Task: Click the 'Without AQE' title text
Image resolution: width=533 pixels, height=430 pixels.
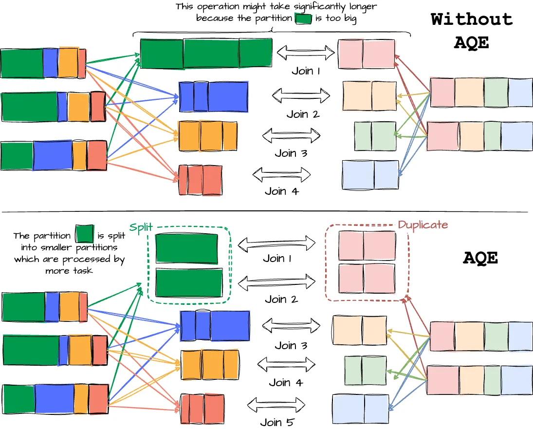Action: click(472, 31)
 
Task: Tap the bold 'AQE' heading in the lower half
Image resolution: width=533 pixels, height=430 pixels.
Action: click(480, 258)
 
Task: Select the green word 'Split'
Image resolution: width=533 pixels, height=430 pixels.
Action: click(141, 228)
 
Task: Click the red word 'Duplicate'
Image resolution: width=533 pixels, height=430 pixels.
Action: click(423, 225)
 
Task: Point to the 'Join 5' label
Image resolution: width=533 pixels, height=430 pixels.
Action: click(276, 422)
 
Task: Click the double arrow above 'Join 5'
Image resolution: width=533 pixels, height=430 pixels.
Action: click(276, 404)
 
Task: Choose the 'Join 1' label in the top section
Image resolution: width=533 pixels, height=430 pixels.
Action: click(306, 71)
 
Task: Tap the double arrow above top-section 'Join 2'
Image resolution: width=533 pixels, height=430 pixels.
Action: click(301, 93)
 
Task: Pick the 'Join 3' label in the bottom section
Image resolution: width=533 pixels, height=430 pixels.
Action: click(292, 346)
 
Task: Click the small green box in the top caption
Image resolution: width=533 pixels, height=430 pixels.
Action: click(303, 19)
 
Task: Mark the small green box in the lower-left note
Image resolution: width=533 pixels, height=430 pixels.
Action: click(84, 234)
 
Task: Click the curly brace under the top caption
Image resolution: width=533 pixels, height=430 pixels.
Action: click(272, 32)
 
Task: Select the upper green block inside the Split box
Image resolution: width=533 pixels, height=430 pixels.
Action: click(186, 249)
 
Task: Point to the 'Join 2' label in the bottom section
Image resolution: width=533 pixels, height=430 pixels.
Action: click(281, 299)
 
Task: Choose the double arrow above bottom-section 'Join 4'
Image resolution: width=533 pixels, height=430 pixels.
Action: click(286, 364)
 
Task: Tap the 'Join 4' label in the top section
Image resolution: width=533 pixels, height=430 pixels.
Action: click(282, 191)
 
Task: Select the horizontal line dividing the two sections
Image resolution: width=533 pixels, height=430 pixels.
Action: click(266, 212)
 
